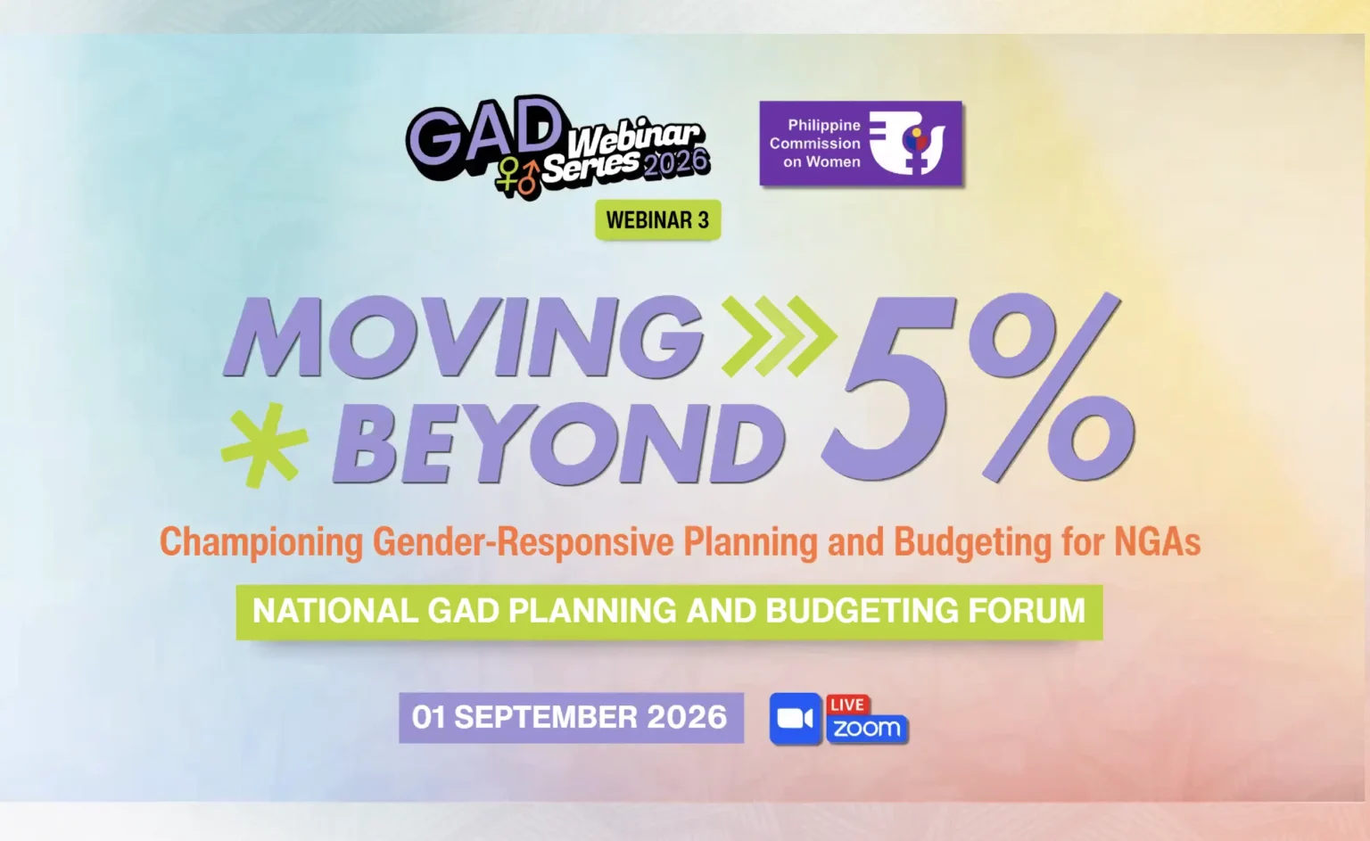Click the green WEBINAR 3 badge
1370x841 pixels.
tap(657, 219)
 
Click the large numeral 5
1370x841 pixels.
tap(891, 388)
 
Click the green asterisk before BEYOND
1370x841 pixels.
tap(265, 444)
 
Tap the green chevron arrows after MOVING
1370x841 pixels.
tap(779, 335)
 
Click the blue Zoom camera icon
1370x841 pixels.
tap(795, 719)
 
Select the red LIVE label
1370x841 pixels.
tap(847, 705)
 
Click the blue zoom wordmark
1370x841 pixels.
tap(867, 729)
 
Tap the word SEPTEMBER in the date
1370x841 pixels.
tap(546, 717)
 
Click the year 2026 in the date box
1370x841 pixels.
tap(687, 717)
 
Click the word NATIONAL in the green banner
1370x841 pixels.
tap(335, 610)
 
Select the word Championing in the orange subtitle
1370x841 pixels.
tap(261, 542)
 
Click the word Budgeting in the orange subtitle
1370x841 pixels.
tap(973, 542)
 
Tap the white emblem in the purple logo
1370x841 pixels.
tap(907, 143)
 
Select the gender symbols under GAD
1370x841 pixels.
tap(518, 177)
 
